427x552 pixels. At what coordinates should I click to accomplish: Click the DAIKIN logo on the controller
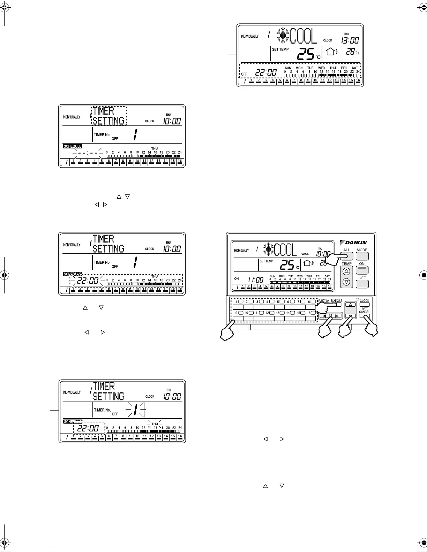tap(353, 242)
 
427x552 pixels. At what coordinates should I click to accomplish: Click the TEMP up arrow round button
tap(346, 271)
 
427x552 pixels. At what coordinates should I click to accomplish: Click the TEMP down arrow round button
tap(346, 282)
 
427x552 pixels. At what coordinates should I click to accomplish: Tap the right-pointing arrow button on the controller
tap(337, 316)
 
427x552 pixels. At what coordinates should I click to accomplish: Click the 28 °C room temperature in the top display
tap(351, 52)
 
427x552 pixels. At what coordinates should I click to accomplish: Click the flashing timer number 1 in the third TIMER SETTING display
tap(135, 409)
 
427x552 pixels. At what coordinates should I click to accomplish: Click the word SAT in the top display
tap(355, 68)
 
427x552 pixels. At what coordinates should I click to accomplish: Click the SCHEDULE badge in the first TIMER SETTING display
tap(73, 146)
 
